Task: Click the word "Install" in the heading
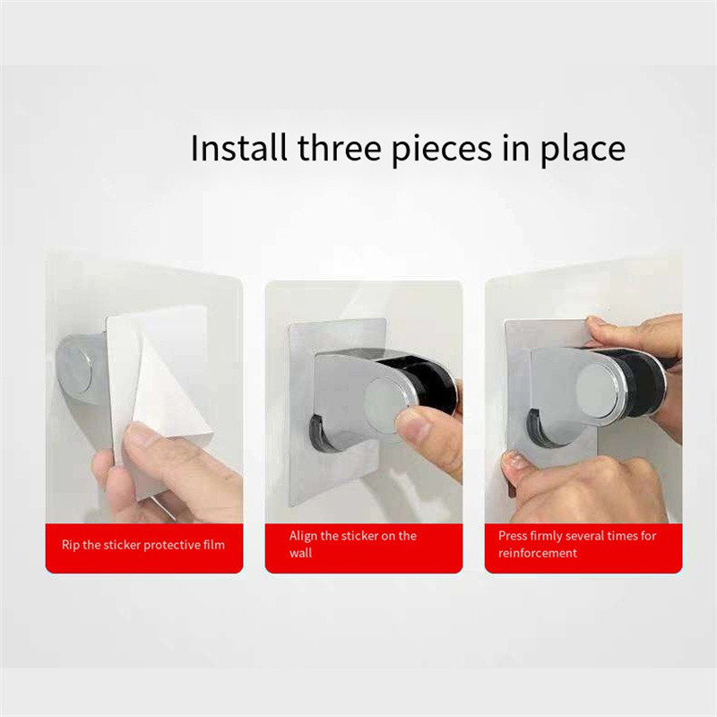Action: coord(238,148)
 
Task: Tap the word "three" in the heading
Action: coord(340,148)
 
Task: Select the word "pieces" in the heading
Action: coord(442,151)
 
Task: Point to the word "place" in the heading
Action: coord(583,151)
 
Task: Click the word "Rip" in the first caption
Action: coord(71,545)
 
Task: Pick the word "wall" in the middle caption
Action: coord(300,553)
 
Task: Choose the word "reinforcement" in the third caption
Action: coord(538,553)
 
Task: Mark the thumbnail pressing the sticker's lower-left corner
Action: coord(514,460)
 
